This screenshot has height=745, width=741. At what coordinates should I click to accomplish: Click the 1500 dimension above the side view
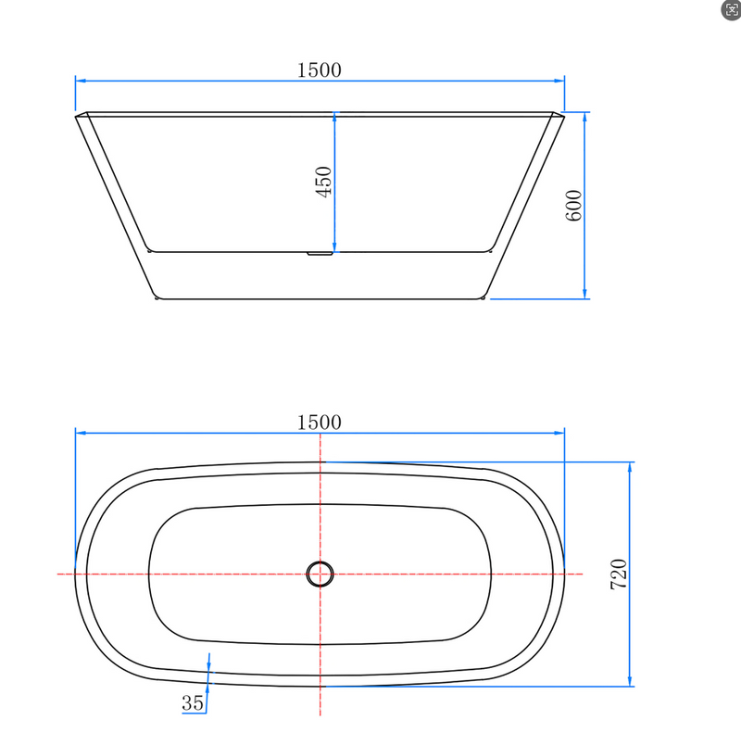320,69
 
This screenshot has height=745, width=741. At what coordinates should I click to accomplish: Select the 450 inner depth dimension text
323,183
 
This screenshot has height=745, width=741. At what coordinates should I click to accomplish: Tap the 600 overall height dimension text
573,205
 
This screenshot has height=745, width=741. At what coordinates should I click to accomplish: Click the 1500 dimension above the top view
320,422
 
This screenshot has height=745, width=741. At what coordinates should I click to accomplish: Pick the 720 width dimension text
620,575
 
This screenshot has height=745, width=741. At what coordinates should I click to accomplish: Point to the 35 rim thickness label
193,703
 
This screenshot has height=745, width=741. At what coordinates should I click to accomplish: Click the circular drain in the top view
320,575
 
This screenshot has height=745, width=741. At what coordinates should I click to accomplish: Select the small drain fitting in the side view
320,252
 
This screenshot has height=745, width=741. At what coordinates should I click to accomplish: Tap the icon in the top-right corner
730,10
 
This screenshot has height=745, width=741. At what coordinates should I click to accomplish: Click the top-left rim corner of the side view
77,114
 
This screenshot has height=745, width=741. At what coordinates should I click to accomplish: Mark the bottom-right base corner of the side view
485,298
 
